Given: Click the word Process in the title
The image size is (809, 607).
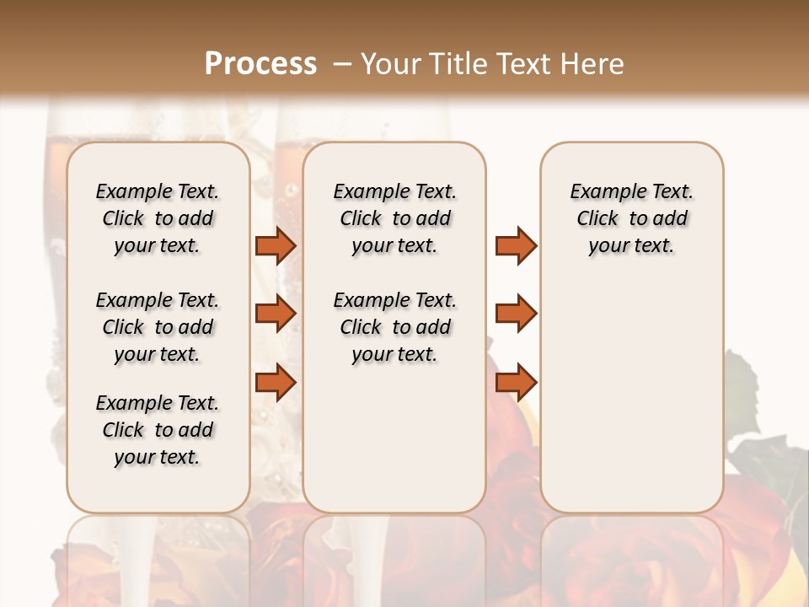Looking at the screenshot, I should tap(260, 64).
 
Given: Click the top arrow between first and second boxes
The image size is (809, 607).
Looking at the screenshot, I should tap(276, 245).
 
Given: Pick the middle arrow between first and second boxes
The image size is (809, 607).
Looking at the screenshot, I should tap(276, 314).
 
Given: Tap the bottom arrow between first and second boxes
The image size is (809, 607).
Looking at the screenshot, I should tap(276, 383).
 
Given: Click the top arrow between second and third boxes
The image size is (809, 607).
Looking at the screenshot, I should tap(516, 245).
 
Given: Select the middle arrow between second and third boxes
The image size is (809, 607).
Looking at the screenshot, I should tap(516, 314).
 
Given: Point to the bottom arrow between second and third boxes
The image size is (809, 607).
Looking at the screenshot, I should tap(516, 383).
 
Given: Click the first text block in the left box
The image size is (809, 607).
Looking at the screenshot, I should tap(158, 218).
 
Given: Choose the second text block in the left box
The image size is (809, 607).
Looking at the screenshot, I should tap(158, 327).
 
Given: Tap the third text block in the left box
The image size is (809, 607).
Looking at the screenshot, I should tap(158, 430).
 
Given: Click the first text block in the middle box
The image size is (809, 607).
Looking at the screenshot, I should tap(394, 218).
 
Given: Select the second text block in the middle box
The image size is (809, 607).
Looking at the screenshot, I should tap(394, 327).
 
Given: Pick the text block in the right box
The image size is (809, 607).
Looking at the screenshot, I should tap(631, 218).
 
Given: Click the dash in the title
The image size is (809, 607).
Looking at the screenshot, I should tap(341, 64).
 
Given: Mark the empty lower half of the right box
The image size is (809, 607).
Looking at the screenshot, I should tap(631, 405).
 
